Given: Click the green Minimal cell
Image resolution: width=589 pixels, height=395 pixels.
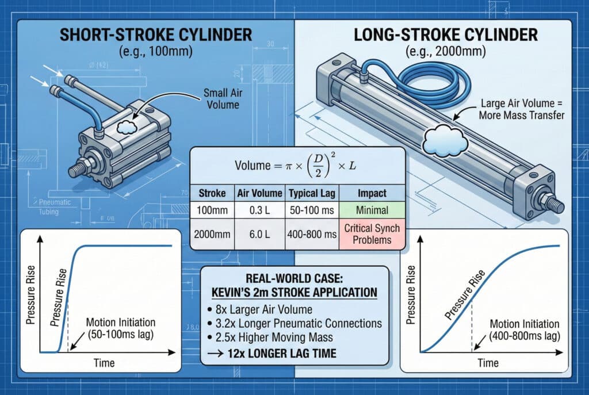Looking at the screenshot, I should pyautogui.click(x=372, y=210).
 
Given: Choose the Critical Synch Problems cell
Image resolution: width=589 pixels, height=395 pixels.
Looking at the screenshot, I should pyautogui.click(x=372, y=235).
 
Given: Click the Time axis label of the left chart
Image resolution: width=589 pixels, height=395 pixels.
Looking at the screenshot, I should pyautogui.click(x=103, y=363).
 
